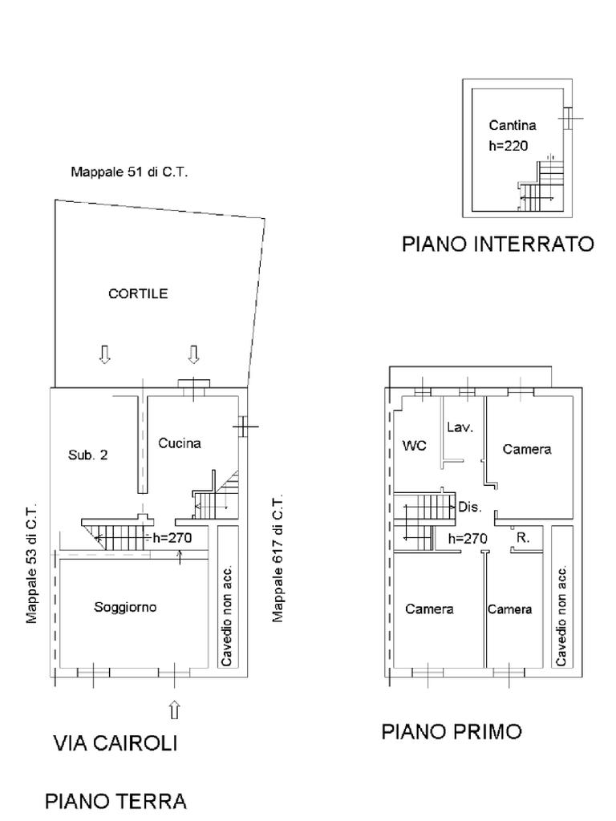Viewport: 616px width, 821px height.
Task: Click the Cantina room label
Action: point(513,125)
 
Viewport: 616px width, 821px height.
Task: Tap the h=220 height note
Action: point(508,146)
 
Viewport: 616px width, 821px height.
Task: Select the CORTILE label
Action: point(138,293)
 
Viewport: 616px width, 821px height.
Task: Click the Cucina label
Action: point(179,443)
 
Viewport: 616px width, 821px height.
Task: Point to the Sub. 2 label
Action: point(87,455)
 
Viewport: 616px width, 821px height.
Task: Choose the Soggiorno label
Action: point(125,607)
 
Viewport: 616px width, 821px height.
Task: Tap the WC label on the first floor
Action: point(414,446)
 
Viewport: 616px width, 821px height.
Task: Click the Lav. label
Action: point(460,427)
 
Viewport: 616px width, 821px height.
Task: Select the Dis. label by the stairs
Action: point(470,507)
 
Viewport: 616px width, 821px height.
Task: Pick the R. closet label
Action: point(522,538)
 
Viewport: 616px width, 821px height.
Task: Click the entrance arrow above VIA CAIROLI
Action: point(175,710)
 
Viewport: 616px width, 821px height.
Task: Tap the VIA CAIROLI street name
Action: point(115,743)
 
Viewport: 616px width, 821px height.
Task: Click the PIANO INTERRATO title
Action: point(497,244)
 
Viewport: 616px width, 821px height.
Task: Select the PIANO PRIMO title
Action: point(452,731)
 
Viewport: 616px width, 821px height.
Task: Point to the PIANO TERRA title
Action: point(115,801)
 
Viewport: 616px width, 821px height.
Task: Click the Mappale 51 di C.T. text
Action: point(129,172)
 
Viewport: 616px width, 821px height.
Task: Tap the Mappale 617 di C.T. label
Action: point(278,559)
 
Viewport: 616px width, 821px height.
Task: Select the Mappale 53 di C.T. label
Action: point(32,564)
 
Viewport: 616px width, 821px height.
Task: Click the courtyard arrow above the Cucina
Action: point(194,354)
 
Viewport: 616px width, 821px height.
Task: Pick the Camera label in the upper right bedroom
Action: point(527,449)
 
